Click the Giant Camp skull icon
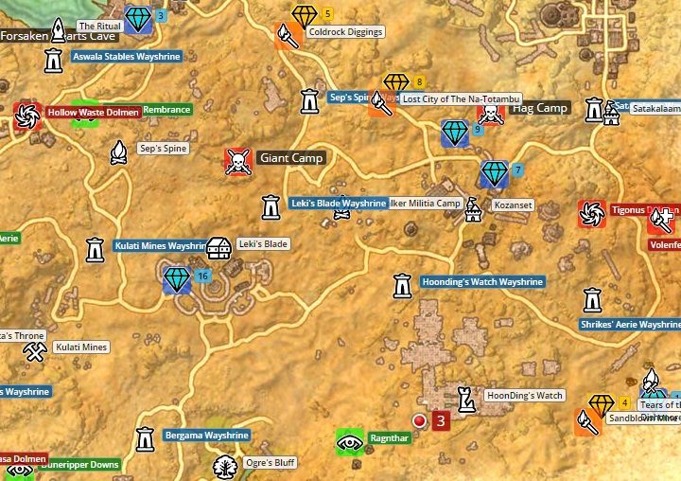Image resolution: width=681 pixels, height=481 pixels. coord(237,160)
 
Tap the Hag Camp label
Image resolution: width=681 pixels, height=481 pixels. coord(539,108)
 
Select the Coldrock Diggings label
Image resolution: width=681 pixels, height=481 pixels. coord(345,32)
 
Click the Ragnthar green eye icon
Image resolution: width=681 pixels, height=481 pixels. coord(350,440)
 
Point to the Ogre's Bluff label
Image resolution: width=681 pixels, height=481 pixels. coord(270,463)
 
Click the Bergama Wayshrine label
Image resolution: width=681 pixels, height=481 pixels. coord(206,436)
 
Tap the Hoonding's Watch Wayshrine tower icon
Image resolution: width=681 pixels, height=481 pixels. coord(402,284)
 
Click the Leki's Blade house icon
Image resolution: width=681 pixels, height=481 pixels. coord(218,249)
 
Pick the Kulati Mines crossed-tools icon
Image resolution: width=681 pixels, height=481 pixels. coord(35,351)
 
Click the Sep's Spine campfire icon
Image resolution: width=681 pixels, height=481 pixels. coord(118,151)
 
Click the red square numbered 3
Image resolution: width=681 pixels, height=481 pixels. coord(440,420)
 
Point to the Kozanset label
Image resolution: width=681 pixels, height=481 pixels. coord(512,205)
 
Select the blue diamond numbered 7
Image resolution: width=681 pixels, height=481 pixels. coord(494,173)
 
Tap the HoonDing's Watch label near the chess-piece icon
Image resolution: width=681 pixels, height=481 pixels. coord(523,396)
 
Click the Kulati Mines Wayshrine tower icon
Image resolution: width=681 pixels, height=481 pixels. coord(95,249)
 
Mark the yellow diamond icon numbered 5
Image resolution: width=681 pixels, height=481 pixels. coord(305,16)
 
